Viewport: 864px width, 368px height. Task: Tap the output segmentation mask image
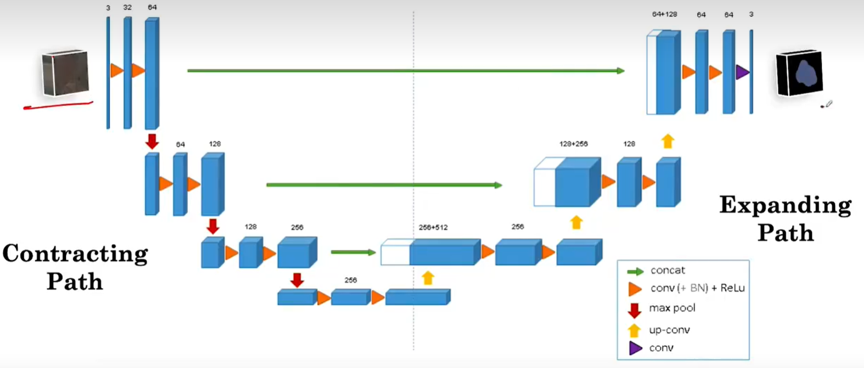(799, 73)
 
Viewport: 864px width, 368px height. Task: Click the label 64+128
(664, 14)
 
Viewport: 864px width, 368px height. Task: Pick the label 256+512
(434, 227)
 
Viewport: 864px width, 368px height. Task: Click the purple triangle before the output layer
(743, 72)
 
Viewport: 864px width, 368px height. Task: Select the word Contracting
(75, 254)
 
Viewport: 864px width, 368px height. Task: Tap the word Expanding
(785, 205)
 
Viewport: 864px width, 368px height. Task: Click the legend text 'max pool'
(672, 308)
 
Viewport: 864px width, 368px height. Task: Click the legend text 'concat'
(668, 270)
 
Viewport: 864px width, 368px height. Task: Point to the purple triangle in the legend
(634, 348)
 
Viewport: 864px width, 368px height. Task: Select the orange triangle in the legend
(635, 289)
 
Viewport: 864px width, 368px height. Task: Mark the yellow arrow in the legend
(634, 330)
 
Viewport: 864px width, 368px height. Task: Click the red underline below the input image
(58, 105)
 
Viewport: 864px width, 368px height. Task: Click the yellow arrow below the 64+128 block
(667, 141)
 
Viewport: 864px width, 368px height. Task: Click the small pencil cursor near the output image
(828, 105)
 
